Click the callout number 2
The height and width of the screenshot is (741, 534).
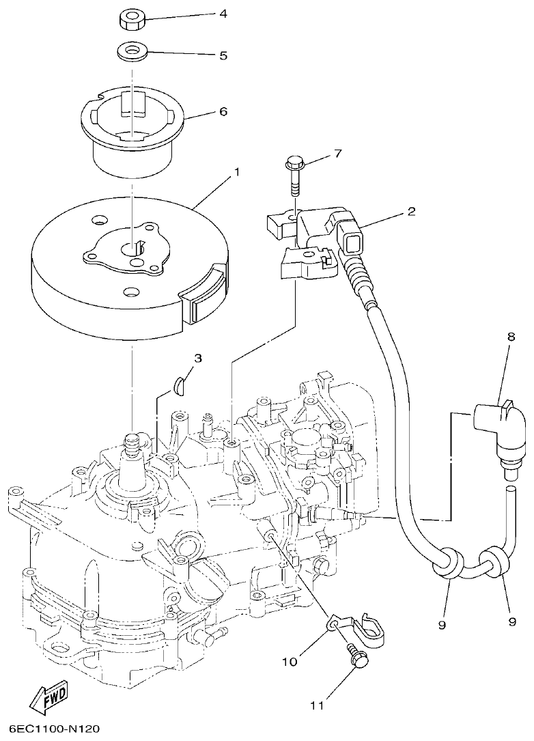[411, 212]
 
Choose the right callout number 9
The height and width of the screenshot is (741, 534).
[511, 621]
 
